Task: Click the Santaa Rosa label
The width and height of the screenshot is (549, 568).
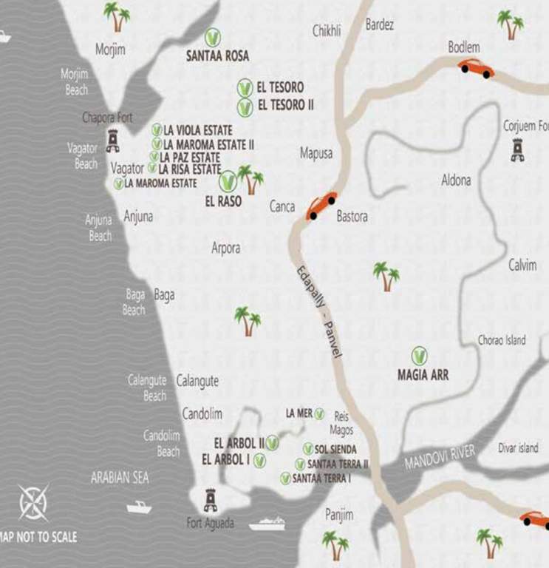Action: [217, 55]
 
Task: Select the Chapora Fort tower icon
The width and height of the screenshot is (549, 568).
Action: [113, 139]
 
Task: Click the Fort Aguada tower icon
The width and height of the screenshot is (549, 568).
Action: [211, 501]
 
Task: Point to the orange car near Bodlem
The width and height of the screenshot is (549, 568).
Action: [477, 68]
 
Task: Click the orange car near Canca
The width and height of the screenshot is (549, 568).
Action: [321, 205]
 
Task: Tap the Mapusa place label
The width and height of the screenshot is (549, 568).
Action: [316, 154]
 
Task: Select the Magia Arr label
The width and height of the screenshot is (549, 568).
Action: [423, 375]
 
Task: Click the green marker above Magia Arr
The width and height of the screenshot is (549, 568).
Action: [419, 356]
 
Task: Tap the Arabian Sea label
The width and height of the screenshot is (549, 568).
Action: [120, 478]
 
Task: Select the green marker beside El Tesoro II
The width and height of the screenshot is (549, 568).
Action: [245, 106]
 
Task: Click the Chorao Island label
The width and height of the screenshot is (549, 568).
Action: [502, 340]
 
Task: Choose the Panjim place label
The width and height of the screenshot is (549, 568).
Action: [339, 515]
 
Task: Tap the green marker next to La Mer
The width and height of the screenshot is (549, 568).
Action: [320, 413]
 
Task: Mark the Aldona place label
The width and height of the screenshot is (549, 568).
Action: [456, 180]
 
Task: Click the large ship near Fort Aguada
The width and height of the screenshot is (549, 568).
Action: [267, 524]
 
